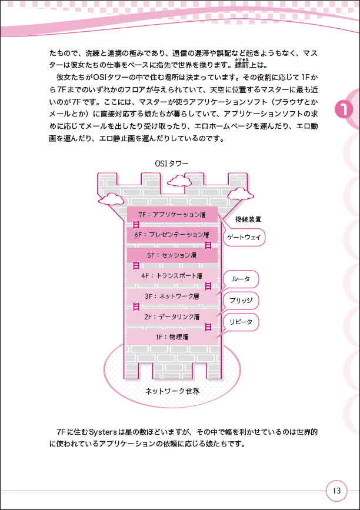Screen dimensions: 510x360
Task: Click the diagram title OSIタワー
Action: (172, 163)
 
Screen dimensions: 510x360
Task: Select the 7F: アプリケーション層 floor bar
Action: (172, 215)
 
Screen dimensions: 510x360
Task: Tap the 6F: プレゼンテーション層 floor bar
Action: (172, 235)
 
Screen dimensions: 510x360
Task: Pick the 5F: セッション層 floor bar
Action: (172, 255)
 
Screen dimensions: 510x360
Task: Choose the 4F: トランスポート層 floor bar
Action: (172, 275)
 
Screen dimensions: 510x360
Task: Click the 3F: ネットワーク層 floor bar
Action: (172, 296)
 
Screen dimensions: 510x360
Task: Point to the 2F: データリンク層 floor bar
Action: (172, 316)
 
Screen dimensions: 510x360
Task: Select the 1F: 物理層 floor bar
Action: (172, 337)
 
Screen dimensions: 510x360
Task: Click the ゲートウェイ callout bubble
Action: (243, 237)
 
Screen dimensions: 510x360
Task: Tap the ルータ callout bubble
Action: (241, 279)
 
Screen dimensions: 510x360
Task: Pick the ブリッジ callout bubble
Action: (241, 301)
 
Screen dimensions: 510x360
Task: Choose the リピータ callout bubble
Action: (241, 323)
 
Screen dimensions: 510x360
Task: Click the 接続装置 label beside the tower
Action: (248, 219)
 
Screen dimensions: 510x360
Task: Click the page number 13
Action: (336, 490)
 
